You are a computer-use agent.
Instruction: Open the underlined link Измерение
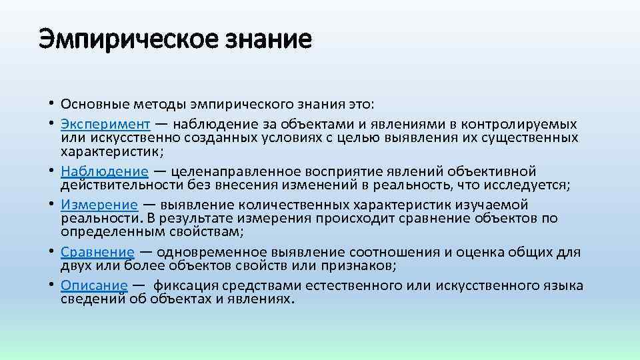click(99, 205)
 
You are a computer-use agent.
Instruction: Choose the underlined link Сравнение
click(97, 252)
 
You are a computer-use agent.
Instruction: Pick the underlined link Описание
click(94, 285)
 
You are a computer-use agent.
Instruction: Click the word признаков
click(357, 265)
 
